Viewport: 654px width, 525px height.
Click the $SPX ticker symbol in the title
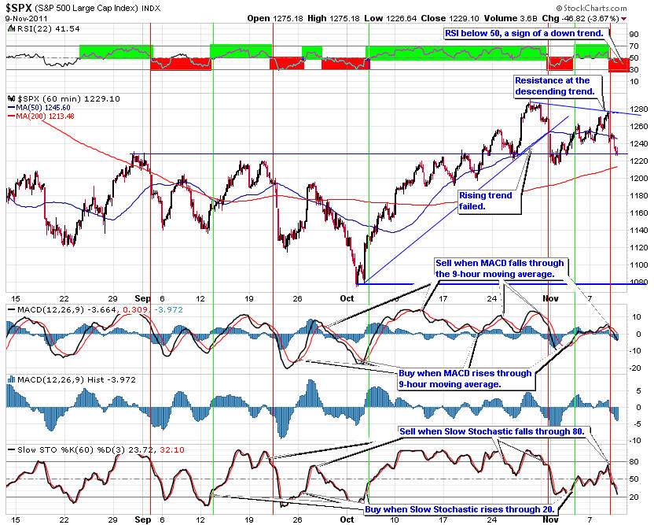[x=19, y=6]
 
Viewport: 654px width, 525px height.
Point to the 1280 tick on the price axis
[x=639, y=109]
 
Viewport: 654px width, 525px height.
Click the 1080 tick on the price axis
[x=639, y=282]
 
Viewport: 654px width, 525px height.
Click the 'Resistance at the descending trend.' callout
[x=552, y=86]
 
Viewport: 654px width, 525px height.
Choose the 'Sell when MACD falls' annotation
[x=501, y=268]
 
